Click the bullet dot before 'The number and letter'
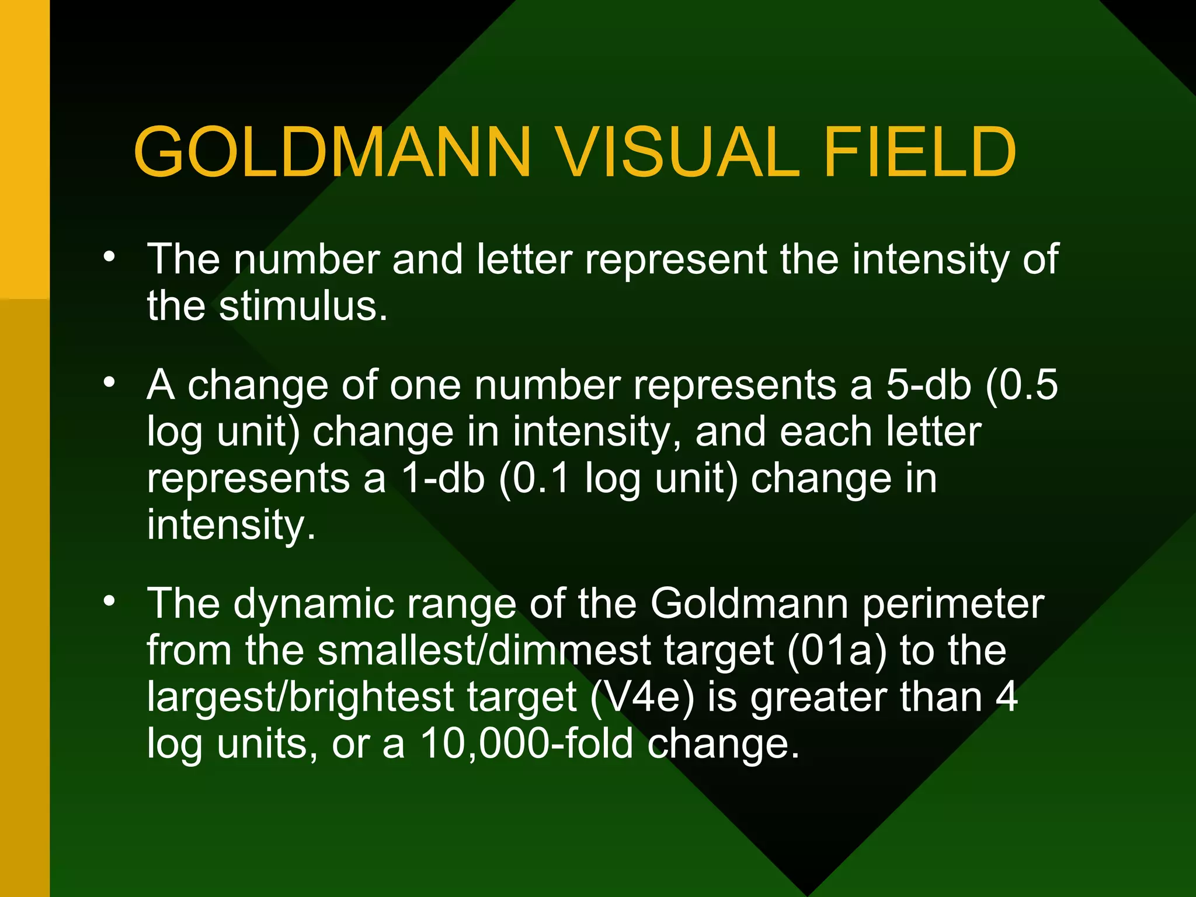click(x=109, y=257)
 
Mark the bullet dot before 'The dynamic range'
click(x=109, y=602)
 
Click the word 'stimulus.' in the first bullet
click(x=303, y=306)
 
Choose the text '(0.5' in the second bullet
click(x=1021, y=385)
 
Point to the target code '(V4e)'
click(x=642, y=697)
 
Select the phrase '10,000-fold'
click(x=526, y=744)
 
